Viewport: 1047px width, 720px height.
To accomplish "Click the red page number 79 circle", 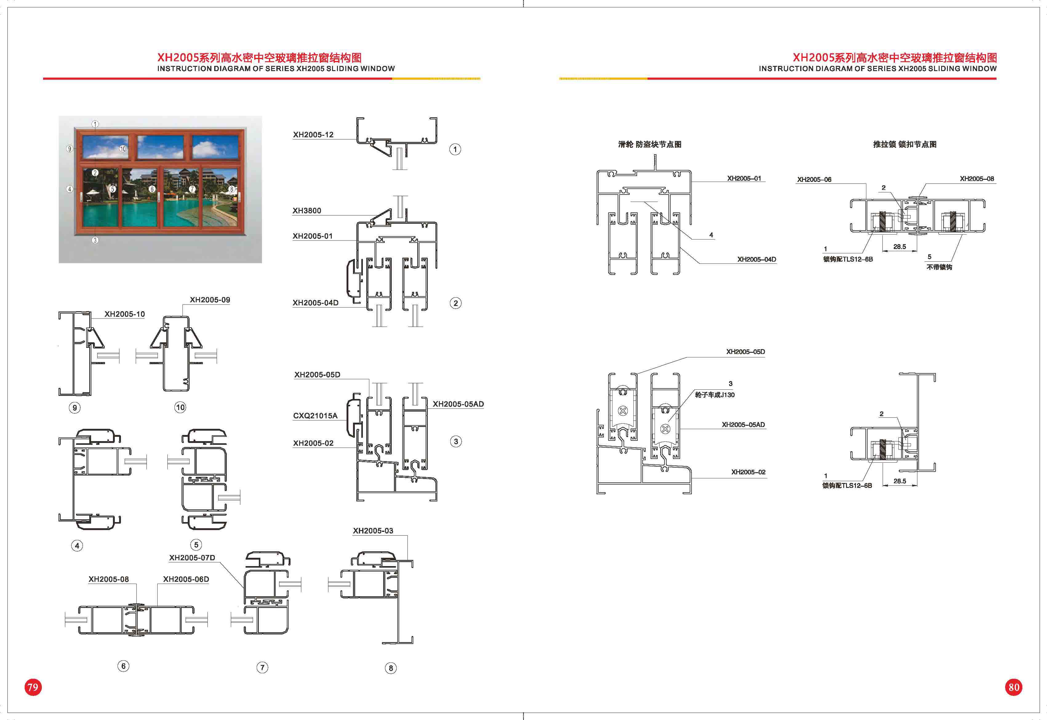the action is click(x=32, y=687).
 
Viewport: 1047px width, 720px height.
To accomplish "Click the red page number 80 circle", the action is click(x=1014, y=687).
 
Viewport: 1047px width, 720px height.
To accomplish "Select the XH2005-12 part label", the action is click(x=313, y=135).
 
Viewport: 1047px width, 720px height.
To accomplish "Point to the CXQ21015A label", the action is click(x=315, y=416).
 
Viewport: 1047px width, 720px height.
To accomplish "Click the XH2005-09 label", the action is click(x=210, y=300).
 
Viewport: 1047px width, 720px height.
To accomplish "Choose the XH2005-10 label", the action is click(x=124, y=314).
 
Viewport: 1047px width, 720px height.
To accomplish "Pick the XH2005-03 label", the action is click(x=373, y=530).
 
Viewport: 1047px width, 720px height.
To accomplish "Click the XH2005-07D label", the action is click(x=192, y=557).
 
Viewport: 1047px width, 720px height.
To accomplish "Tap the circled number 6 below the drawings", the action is click(x=123, y=666).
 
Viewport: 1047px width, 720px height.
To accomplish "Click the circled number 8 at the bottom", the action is click(x=391, y=668).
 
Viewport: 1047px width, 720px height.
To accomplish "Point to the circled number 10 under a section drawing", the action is click(x=180, y=407).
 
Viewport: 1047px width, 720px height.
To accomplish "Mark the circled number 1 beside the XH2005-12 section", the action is click(x=455, y=149).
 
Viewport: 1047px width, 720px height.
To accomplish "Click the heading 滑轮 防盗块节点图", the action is click(x=649, y=144).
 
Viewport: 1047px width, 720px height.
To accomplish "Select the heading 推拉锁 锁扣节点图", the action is click(x=905, y=144).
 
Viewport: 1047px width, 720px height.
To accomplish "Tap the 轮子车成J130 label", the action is click(x=715, y=395).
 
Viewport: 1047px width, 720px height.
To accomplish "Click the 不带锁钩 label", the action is click(x=939, y=267).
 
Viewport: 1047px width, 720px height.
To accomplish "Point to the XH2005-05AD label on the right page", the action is click(x=743, y=424).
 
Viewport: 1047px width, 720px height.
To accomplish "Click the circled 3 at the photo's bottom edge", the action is click(x=95, y=240).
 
